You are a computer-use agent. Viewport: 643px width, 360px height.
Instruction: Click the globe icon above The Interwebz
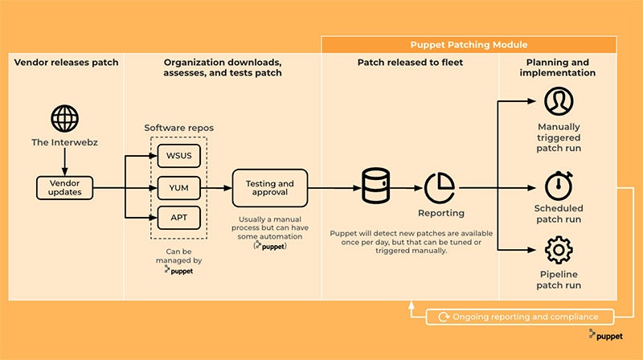pos(64,118)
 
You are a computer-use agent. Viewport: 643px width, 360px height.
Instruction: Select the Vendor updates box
pos(64,188)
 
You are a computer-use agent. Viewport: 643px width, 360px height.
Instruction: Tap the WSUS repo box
pos(178,155)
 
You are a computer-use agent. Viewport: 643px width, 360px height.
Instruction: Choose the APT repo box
pos(178,218)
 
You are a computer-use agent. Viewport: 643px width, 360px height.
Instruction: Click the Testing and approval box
pos(270,188)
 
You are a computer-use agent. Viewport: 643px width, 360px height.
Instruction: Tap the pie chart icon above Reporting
pos(440,186)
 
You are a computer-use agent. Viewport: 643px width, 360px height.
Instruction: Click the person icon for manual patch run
pos(557,101)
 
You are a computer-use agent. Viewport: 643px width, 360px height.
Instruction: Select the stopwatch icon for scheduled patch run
pos(557,186)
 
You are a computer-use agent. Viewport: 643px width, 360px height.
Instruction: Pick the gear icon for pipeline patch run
pos(557,251)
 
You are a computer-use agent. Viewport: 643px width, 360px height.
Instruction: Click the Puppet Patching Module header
pos(469,45)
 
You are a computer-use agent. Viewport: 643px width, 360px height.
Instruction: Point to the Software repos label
pos(178,128)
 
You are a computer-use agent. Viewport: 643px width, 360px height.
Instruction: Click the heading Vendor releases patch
pos(66,63)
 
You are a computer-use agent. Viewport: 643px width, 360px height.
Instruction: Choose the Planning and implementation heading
pos(557,67)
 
